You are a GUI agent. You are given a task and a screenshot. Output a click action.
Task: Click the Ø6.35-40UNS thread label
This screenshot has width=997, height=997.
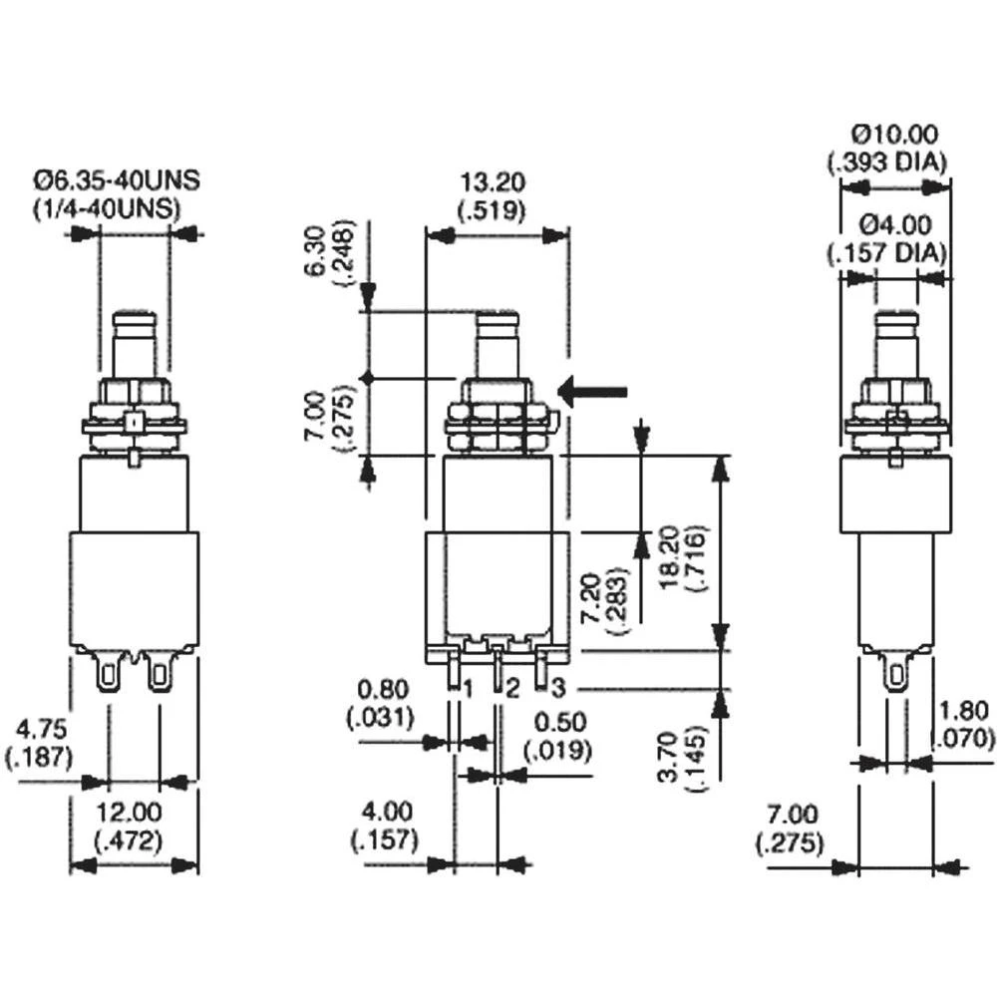tap(118, 181)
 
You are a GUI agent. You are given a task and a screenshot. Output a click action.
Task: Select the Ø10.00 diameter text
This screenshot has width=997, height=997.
tap(895, 133)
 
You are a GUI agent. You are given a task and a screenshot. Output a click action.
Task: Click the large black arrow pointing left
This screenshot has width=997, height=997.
tap(593, 392)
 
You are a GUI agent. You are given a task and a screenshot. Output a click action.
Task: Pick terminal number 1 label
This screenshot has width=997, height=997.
tap(466, 687)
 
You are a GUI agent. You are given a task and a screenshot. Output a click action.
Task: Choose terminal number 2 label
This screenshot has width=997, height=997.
tap(511, 687)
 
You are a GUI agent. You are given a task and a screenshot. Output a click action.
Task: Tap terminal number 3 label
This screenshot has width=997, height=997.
tap(557, 687)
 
